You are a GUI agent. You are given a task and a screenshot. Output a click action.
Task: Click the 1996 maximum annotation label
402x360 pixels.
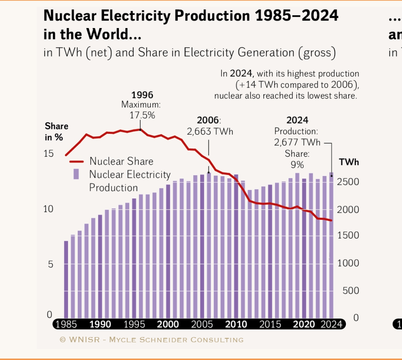[x=142, y=95]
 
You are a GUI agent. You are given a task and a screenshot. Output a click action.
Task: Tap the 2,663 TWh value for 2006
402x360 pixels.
[x=210, y=132]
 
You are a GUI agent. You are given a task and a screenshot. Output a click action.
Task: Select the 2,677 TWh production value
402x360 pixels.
[x=297, y=142]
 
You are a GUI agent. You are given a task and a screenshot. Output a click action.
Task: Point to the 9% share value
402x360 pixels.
[x=297, y=164]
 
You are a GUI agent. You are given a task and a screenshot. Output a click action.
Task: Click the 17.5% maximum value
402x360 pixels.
[x=142, y=115]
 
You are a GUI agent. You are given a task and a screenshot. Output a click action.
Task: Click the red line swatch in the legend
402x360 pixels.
[x=76, y=161]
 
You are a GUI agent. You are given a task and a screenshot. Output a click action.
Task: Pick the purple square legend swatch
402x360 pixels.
[x=76, y=174]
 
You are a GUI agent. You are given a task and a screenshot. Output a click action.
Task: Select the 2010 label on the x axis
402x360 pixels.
[x=236, y=324]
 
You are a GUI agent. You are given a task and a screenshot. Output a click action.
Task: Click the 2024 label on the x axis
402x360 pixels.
[x=331, y=324]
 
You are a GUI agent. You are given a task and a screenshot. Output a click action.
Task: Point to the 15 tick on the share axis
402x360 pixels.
[x=49, y=154]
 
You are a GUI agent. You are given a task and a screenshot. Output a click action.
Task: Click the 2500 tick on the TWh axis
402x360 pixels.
[x=348, y=182]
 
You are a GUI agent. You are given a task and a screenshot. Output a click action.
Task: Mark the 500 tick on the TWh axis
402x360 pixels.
[x=351, y=290]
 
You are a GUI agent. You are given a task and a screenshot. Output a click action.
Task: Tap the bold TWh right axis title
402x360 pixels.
[x=349, y=162]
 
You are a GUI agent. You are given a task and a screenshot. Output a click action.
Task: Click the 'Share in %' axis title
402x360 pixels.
[x=56, y=132]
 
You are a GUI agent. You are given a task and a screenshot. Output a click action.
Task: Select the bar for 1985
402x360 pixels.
[x=66, y=279]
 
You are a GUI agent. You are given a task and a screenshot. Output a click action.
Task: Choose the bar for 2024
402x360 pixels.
[x=331, y=245]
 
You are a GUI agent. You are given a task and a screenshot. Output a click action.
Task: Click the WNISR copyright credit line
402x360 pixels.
[x=151, y=340]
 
